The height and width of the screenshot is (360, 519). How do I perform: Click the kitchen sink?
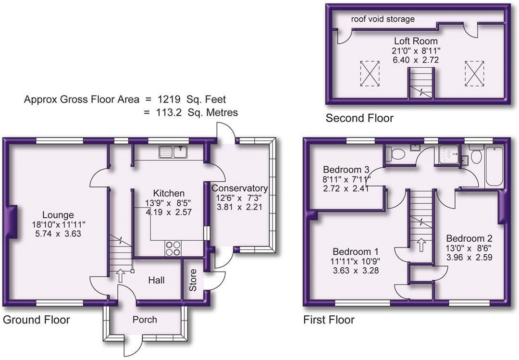click(x=173, y=152)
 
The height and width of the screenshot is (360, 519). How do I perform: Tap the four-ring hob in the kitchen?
click(x=173, y=248)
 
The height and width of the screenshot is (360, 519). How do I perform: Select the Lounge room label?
click(x=58, y=215)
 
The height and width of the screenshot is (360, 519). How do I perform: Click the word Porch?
click(x=145, y=320)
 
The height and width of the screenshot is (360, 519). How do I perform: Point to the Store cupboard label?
click(x=193, y=280)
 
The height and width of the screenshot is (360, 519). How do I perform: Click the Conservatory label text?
click(x=240, y=188)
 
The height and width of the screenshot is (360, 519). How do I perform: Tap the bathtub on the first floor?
click(x=494, y=166)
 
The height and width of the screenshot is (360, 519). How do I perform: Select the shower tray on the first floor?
click(x=449, y=154)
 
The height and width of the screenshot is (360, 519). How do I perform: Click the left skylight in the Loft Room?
click(x=370, y=74)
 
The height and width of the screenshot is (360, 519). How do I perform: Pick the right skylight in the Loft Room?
click(x=474, y=74)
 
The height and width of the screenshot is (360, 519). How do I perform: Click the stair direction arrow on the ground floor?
click(x=120, y=275)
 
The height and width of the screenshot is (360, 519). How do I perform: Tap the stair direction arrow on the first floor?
click(x=421, y=245)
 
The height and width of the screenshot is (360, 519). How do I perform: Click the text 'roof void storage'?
click(x=383, y=19)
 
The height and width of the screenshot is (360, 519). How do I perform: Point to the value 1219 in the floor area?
click(x=169, y=99)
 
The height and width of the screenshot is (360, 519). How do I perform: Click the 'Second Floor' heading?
click(x=359, y=118)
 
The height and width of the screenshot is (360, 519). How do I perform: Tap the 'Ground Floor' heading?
click(x=37, y=320)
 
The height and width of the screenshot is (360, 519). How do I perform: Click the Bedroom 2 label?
click(x=469, y=238)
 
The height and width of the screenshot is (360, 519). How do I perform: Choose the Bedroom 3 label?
click(x=346, y=170)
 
